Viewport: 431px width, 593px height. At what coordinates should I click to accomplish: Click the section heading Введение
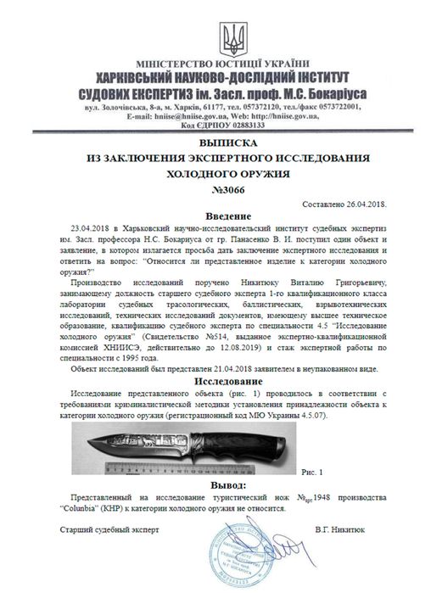coord(215,217)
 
